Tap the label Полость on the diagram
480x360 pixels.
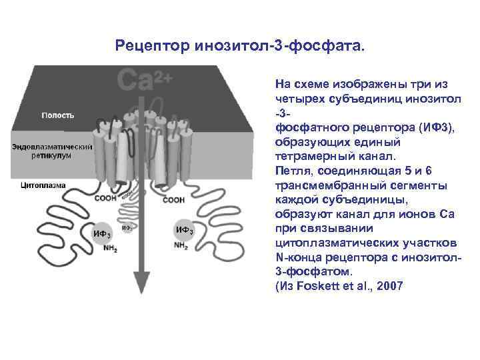tap(58, 115)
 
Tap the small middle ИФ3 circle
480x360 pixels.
tap(126, 228)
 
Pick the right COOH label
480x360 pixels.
tap(173, 199)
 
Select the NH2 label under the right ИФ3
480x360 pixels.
tap(181, 245)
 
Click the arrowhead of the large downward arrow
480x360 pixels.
tap(140, 283)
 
